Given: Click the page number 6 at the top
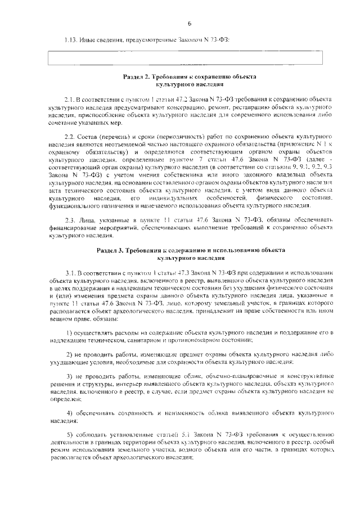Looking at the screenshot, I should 190,24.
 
